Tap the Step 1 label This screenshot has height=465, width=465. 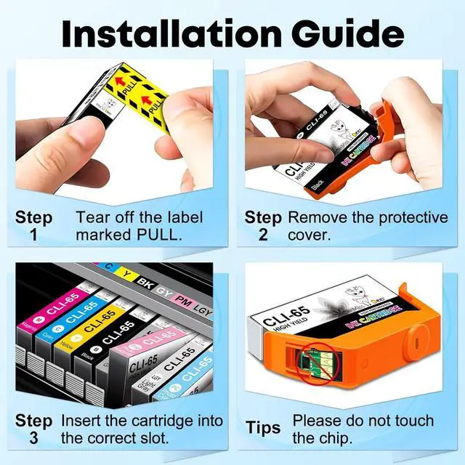click(34, 225)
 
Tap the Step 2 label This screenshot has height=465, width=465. click(262, 225)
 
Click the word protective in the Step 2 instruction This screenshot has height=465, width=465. click(408, 217)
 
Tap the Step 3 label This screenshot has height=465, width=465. click(34, 429)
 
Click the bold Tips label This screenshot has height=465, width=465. click(263, 429)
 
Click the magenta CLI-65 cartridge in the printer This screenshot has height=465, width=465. click(33, 320)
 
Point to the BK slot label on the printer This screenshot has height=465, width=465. click(145, 279)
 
